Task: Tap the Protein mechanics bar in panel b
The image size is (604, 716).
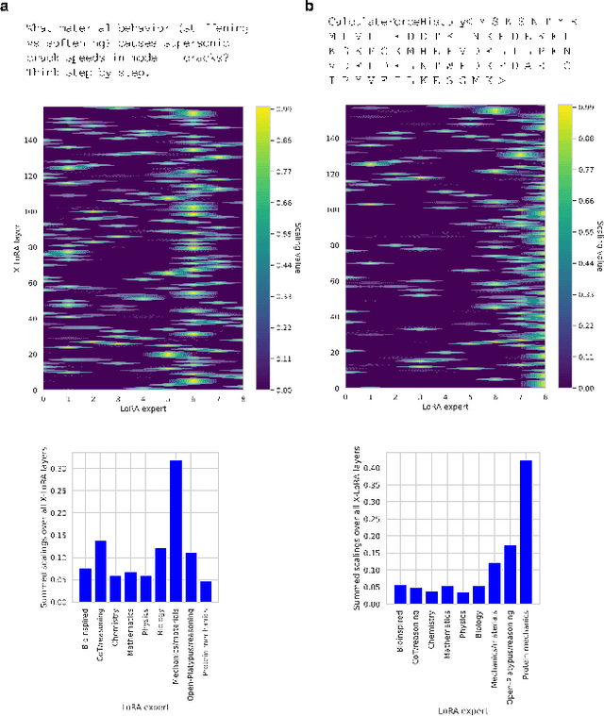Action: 526,532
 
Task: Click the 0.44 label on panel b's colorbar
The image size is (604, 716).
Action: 585,264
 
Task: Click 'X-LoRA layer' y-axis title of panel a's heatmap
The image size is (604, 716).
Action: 15,247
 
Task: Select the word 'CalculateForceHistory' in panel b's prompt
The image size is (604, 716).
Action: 374,21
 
